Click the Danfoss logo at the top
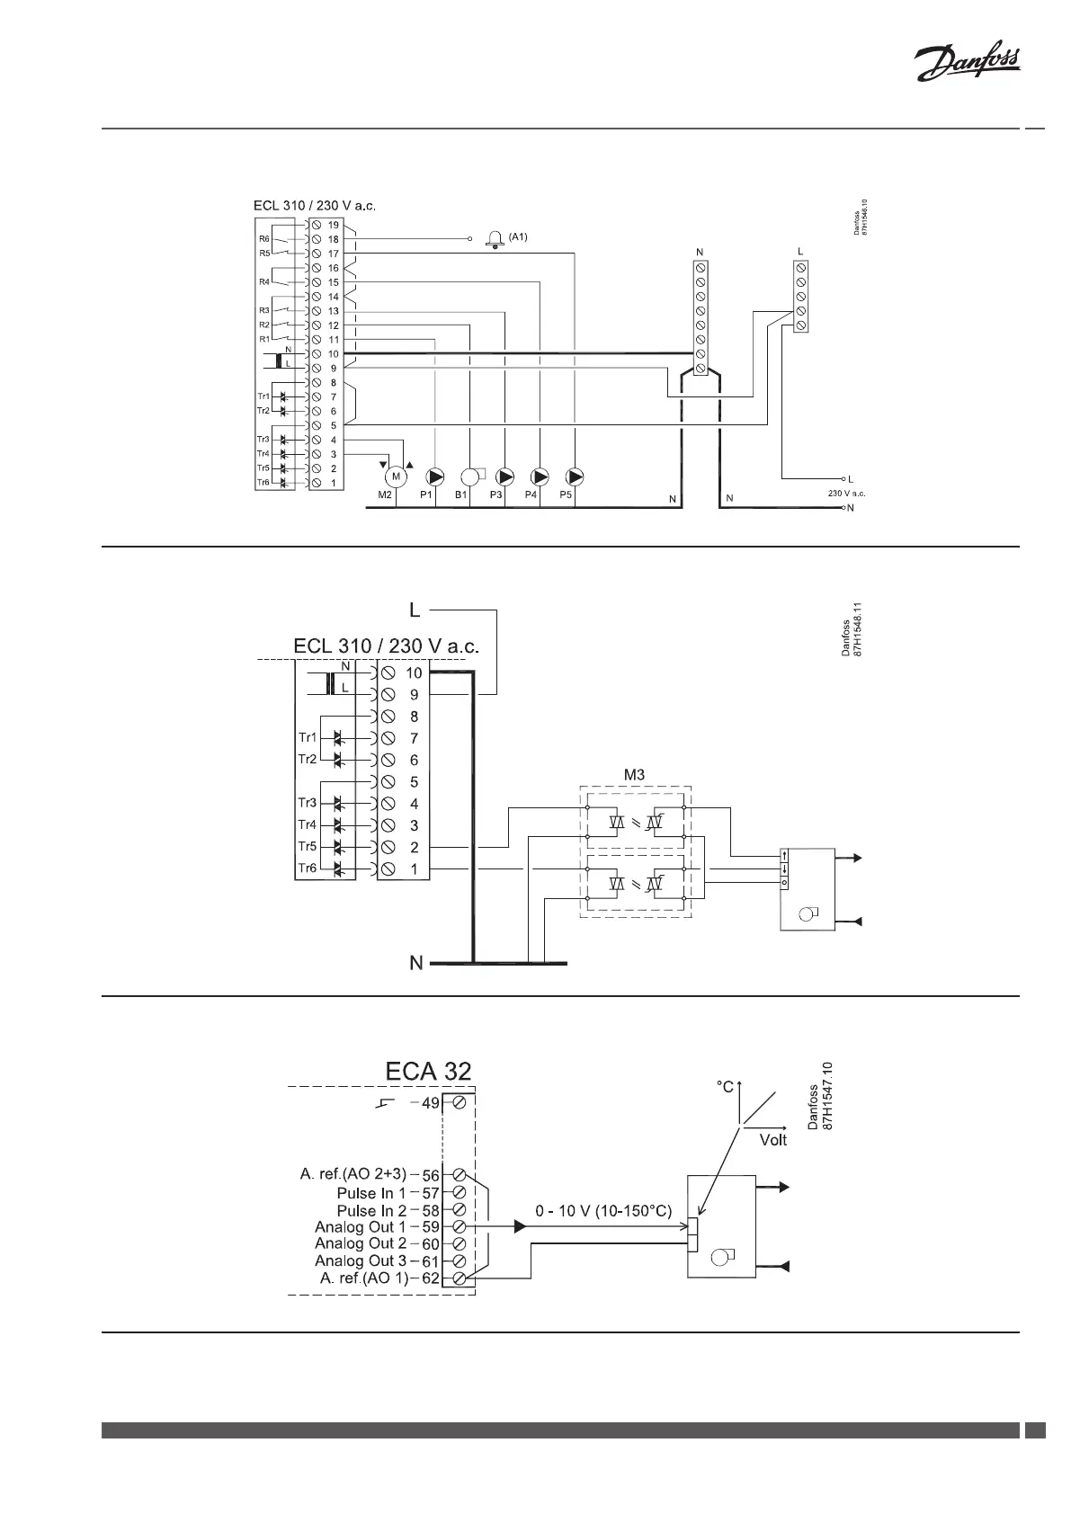click(967, 65)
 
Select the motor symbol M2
click(394, 476)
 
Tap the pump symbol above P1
click(436, 476)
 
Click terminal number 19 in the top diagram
click(333, 225)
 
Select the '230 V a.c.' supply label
click(846, 494)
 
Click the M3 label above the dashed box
click(635, 774)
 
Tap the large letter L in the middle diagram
click(415, 610)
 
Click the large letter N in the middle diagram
click(415, 963)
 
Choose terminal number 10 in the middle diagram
click(414, 672)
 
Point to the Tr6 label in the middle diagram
click(308, 868)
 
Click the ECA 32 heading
click(428, 1072)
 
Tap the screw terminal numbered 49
click(459, 1102)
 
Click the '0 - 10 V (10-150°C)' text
click(603, 1211)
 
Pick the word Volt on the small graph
click(772, 1140)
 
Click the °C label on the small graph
click(726, 1087)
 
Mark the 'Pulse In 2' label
click(371, 1211)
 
